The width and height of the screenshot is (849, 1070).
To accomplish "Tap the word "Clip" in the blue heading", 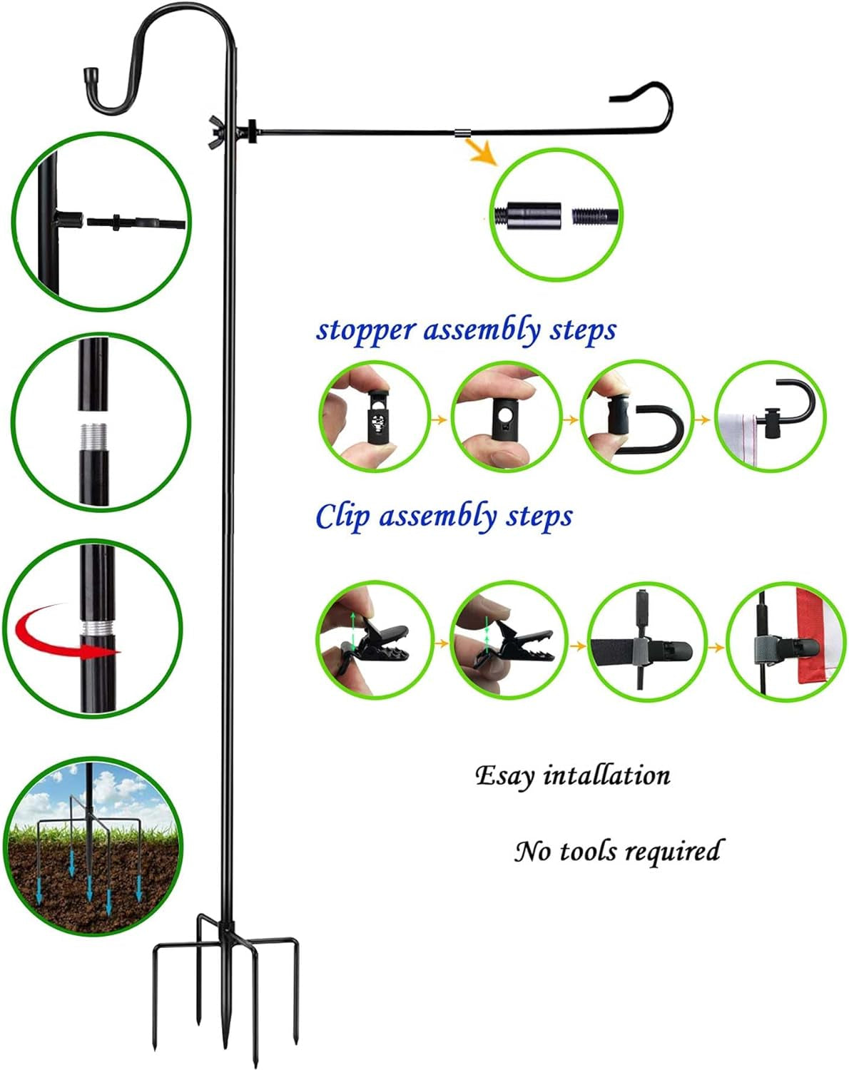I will tap(343, 516).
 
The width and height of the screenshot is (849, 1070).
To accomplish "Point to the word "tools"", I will tap(587, 851).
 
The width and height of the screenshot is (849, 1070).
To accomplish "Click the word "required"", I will tap(673, 851).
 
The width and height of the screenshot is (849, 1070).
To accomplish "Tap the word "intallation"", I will tap(606, 775).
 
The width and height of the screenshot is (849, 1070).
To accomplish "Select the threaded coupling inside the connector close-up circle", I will tap(536, 214).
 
